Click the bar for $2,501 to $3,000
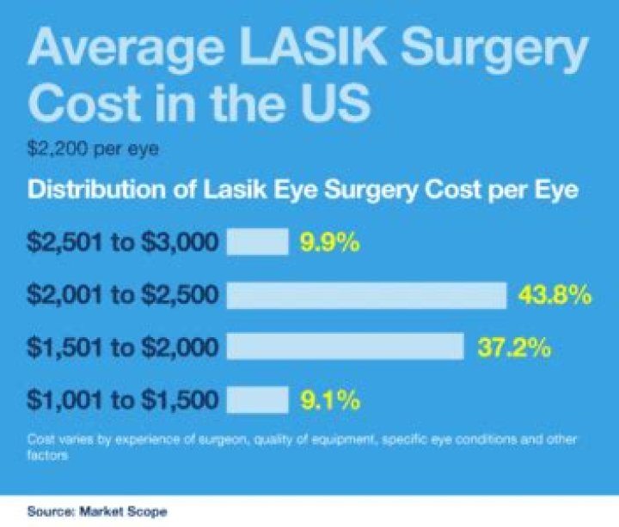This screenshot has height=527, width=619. click(x=257, y=242)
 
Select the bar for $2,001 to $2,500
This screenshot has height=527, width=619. click(x=366, y=295)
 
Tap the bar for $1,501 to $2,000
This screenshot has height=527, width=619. click(x=345, y=347)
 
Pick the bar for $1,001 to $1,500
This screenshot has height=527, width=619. click(x=257, y=399)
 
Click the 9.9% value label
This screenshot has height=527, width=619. click(x=328, y=243)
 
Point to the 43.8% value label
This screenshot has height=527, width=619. click(x=555, y=296)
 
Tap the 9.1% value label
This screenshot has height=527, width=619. click(x=328, y=400)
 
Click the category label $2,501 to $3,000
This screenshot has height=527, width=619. click(x=123, y=243)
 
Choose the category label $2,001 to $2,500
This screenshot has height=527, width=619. click(x=123, y=296)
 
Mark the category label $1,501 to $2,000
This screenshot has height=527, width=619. click(x=123, y=348)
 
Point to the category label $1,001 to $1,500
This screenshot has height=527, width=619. click(x=123, y=400)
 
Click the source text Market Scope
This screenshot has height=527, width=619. click(x=122, y=511)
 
